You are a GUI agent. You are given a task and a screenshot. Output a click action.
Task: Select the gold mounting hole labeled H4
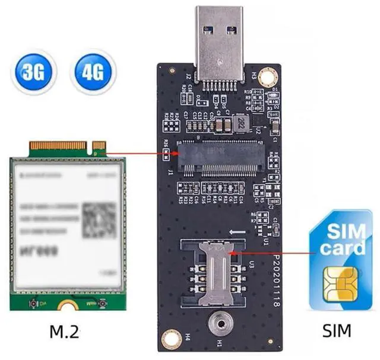(172, 337)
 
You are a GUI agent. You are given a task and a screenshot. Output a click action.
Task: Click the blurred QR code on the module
(99, 219)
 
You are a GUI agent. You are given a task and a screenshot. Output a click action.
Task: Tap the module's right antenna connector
(102, 304)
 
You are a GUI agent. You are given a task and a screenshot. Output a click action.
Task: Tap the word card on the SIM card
(343, 247)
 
